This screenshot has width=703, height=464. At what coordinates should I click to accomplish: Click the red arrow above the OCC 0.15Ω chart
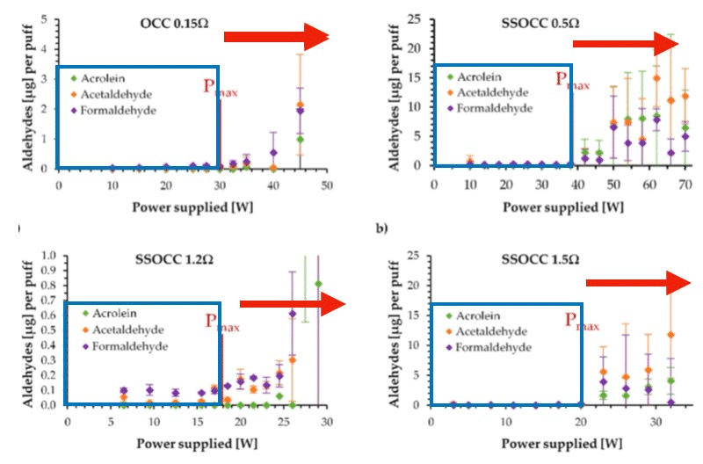pos(276,36)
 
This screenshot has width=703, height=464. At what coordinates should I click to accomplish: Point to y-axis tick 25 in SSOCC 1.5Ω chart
pos(414,256)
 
